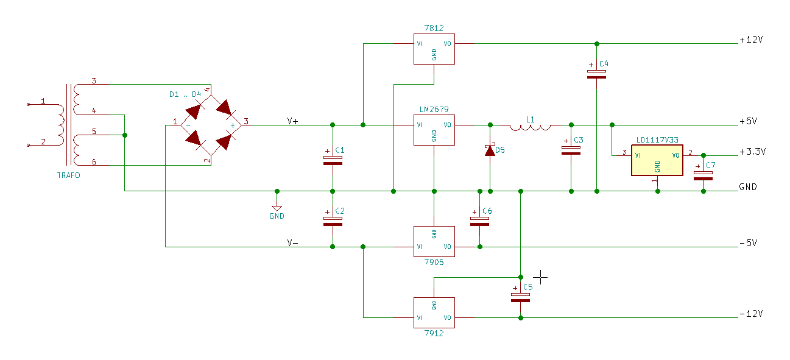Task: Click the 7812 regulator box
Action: [x=434, y=49]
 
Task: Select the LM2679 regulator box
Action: [x=434, y=130]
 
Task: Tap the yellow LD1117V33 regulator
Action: [x=657, y=160]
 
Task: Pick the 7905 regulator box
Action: [x=434, y=242]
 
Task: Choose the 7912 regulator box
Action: [x=434, y=312]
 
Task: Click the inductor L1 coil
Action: [x=530, y=128]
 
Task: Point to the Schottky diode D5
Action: [x=490, y=150]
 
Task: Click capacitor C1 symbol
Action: [x=333, y=160]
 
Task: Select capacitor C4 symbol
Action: [x=596, y=74]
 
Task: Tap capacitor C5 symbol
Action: [x=520, y=298]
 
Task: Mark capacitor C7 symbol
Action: [x=703, y=175]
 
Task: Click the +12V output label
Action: [x=751, y=40]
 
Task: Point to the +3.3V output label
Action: [x=753, y=152]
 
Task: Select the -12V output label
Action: [x=751, y=314]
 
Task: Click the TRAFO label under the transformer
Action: [x=69, y=175]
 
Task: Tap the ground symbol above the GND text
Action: [x=277, y=208]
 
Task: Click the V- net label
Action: [x=293, y=242]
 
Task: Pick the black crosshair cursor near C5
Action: [x=540, y=278]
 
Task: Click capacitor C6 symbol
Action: [x=479, y=221]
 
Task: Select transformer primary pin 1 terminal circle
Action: [x=29, y=104]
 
